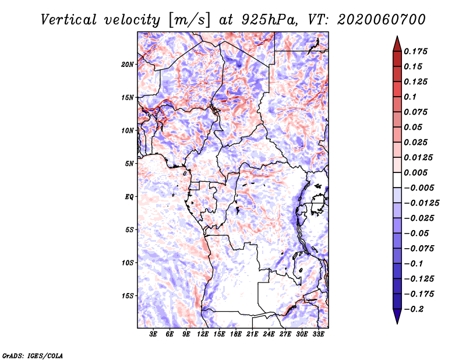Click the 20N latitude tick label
coord(128,65)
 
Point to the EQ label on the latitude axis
coord(129,197)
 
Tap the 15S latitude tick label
coord(128,296)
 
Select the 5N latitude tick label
coord(129,164)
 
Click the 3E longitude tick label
coord(153,334)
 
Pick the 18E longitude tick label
coord(236,334)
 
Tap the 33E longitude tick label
coord(318,334)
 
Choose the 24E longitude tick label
coord(269,334)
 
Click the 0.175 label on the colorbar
coord(415,51)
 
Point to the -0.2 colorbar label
coord(414,309)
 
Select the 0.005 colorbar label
coord(415,172)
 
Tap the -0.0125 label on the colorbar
coord(421,203)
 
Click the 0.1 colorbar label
coord(410,97)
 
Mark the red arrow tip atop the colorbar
coord(397,36)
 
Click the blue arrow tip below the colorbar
coord(397,323)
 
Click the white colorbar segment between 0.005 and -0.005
coord(397,180)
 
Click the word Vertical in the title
coord(69,20)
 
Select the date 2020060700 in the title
coord(382,20)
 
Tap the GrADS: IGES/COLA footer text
coord(33,356)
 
